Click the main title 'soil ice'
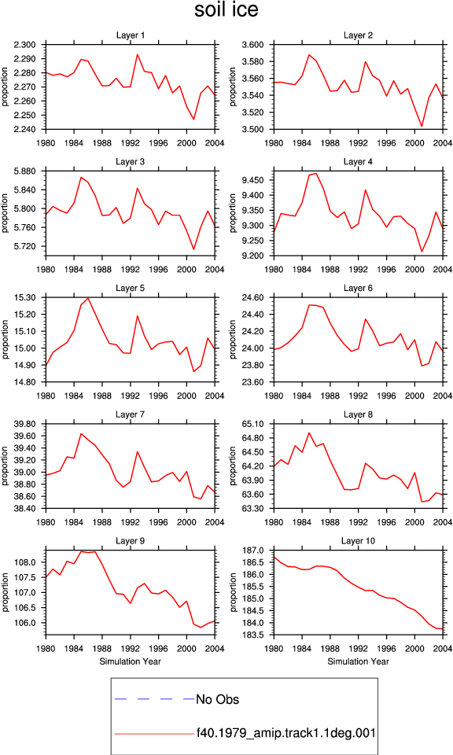click(226, 9)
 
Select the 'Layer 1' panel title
click(130, 35)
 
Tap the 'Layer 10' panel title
click(358, 541)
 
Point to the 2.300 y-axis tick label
click(24, 45)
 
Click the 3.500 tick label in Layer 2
click(252, 129)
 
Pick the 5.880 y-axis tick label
click(24, 171)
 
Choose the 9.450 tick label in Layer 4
click(252, 180)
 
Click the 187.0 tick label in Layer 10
click(254, 551)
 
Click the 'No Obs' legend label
click(217, 699)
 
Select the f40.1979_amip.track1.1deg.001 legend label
click(286, 733)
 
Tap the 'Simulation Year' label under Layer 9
click(130, 661)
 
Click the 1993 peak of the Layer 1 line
click(137, 54)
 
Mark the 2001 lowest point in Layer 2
click(422, 126)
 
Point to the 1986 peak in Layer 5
click(88, 298)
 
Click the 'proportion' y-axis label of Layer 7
click(5, 466)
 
